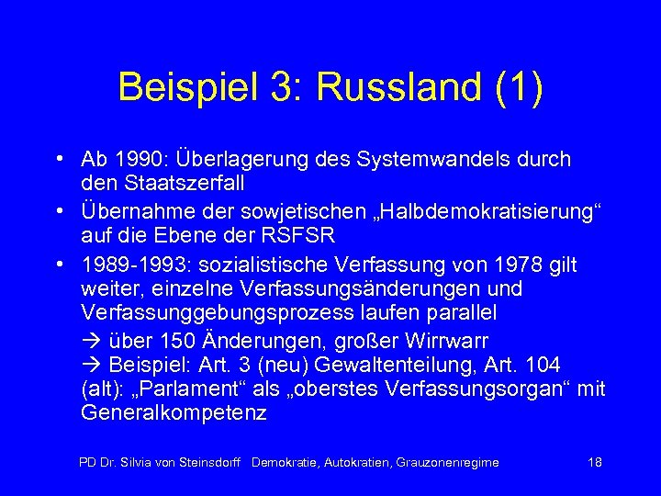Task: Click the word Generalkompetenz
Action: click(174, 412)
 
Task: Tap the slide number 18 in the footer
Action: click(594, 462)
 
